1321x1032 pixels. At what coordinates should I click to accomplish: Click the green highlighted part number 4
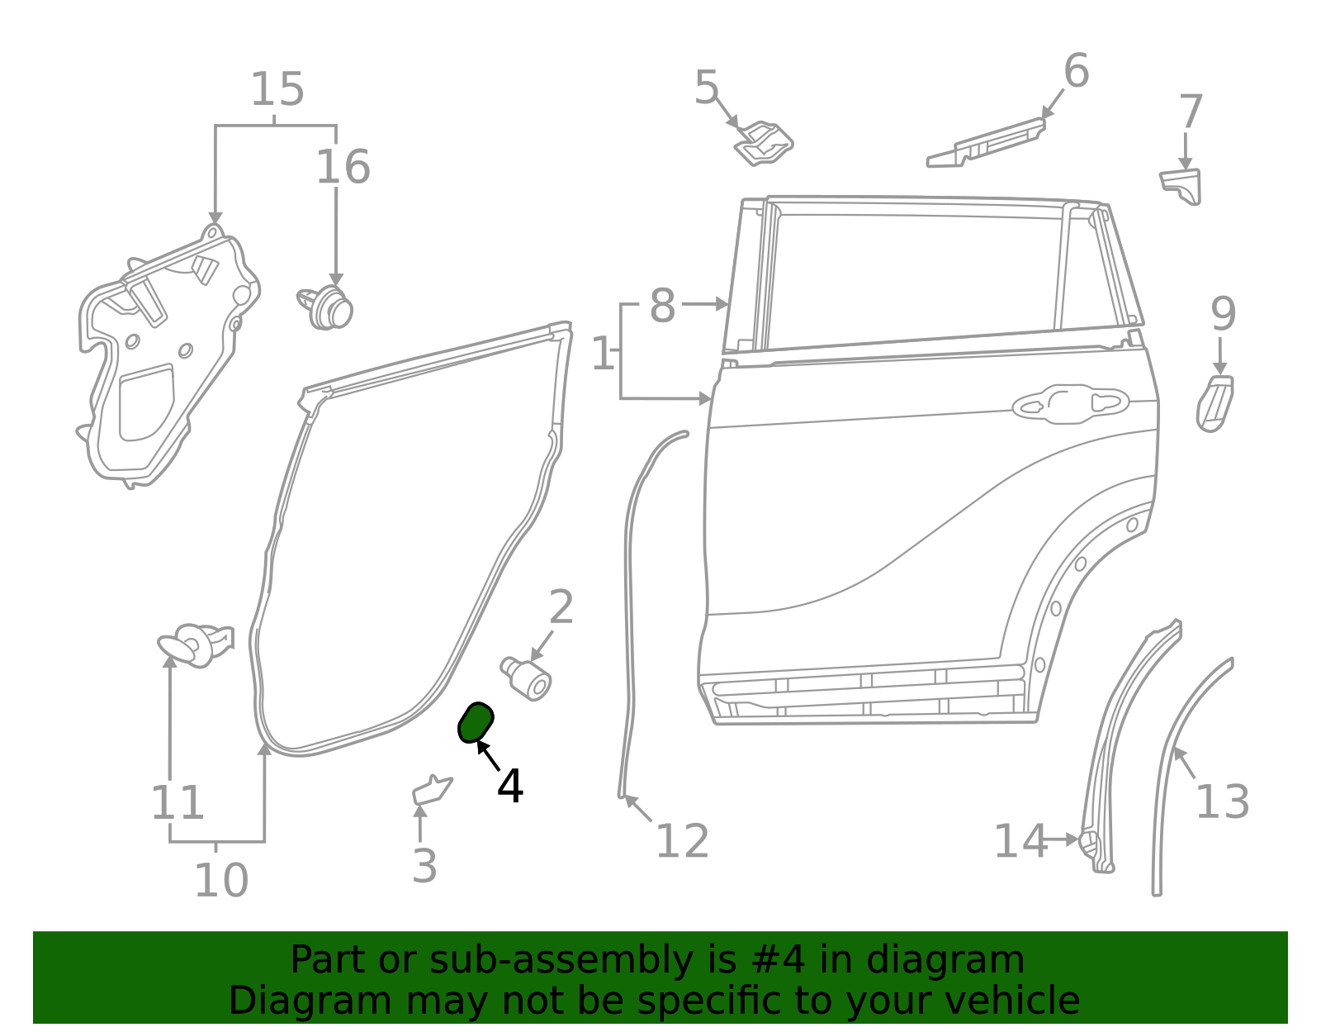tap(476, 722)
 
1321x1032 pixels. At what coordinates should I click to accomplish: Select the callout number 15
tap(277, 89)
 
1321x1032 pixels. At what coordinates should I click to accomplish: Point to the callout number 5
tap(707, 87)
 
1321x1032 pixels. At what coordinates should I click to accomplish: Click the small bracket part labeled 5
tap(765, 144)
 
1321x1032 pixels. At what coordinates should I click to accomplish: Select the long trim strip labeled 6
tap(987, 144)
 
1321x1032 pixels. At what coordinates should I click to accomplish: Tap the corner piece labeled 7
tap(1181, 185)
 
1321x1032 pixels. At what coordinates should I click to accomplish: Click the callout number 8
tap(662, 306)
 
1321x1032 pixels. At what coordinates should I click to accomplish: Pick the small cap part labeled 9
tap(1214, 404)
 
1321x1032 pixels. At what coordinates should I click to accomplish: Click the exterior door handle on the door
tap(1070, 404)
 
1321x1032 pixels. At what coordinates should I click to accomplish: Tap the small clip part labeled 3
tap(432, 791)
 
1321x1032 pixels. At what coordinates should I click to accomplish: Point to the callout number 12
tap(682, 841)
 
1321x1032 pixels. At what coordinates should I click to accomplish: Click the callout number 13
tap(1222, 801)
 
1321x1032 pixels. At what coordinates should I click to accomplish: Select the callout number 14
tap(1020, 841)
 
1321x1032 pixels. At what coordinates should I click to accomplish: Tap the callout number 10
tap(220, 881)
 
